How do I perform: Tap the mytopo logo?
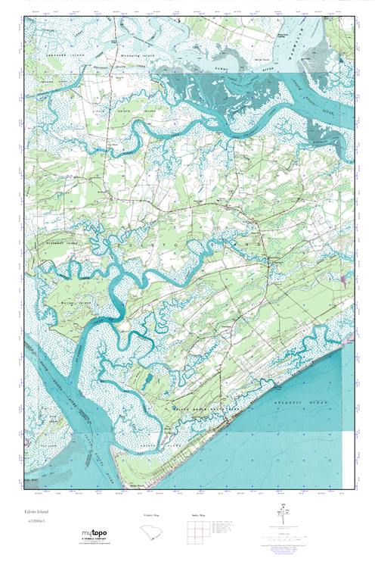(94, 533)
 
